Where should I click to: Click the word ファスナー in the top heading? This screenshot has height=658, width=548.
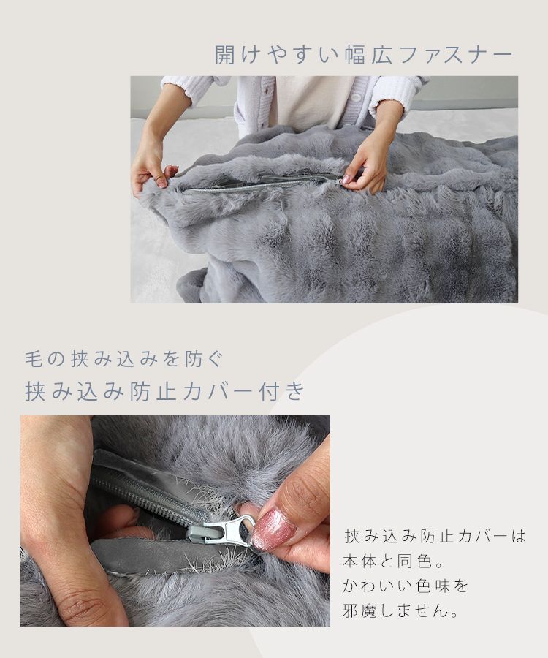tap(455, 56)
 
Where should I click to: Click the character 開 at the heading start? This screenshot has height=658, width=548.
tap(224, 55)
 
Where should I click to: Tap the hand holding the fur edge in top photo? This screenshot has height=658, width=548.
tap(152, 167)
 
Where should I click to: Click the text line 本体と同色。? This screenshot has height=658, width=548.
tap(393, 561)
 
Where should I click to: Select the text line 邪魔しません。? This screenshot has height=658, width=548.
tap(401, 610)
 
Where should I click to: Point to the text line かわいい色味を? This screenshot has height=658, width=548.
tap(405, 586)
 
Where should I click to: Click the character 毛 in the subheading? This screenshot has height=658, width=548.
tap(34, 360)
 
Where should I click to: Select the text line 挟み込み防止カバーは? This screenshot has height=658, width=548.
tap(435, 537)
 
